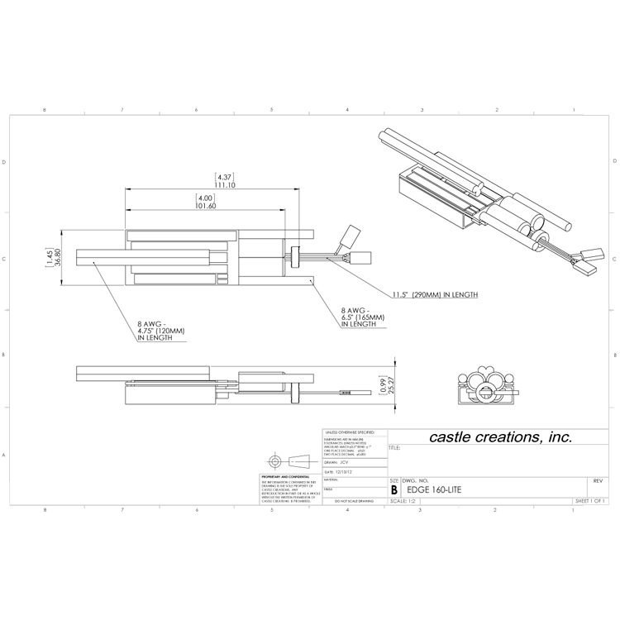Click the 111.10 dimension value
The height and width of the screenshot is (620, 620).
[x=225, y=186]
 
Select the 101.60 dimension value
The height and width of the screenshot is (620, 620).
[x=205, y=207]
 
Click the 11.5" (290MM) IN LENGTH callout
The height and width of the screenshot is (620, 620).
[x=433, y=294]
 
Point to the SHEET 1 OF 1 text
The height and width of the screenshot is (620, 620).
[x=590, y=501]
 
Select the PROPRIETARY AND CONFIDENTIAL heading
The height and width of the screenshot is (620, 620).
[x=284, y=477]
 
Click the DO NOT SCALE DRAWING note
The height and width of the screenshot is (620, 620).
[x=352, y=501]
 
